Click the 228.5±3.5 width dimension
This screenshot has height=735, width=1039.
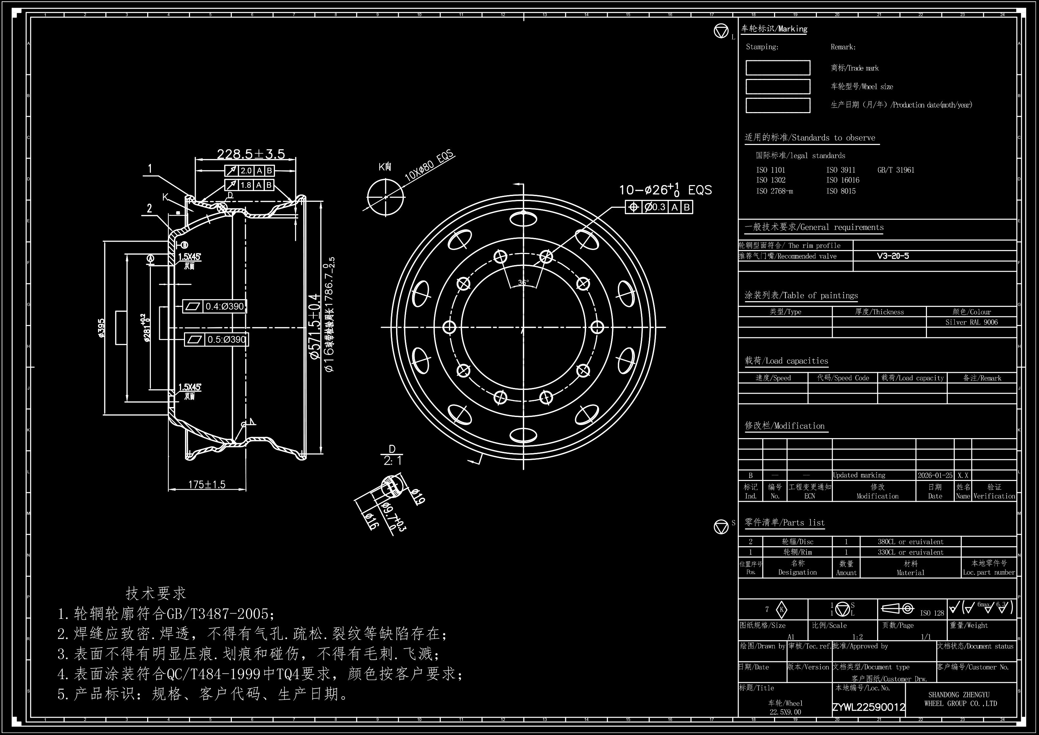(251, 154)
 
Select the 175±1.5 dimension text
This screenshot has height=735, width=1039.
(206, 485)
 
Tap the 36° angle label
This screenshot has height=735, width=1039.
(523, 282)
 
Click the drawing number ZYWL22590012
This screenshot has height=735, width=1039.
(868, 707)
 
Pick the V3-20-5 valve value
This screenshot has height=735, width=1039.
(892, 256)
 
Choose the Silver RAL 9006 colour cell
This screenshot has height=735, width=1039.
(971, 322)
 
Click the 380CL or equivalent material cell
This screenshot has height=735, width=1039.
(911, 542)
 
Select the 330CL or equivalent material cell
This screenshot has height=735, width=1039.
(911, 552)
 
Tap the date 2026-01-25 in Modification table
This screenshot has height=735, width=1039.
(935, 475)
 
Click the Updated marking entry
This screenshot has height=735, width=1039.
(859, 475)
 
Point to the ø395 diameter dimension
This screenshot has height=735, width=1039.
(101, 328)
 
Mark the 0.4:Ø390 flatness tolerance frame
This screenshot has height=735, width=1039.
(215, 307)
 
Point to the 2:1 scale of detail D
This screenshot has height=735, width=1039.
(392, 461)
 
